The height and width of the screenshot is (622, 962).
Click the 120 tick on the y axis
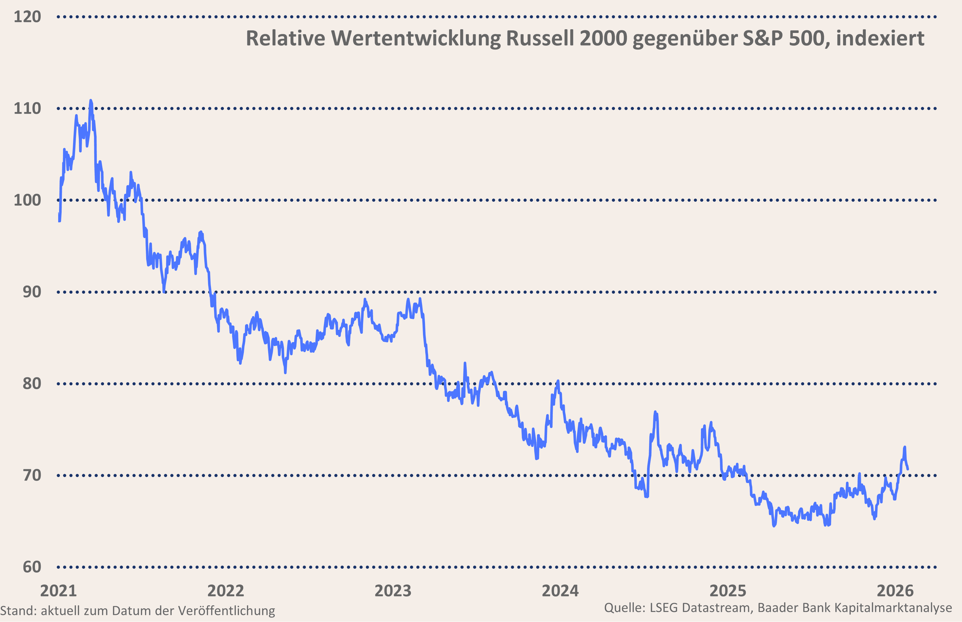tap(28, 17)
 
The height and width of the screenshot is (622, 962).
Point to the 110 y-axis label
tap(28, 109)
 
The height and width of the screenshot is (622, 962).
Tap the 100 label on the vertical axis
tap(28, 200)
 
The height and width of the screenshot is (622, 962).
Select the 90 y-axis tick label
tap(32, 292)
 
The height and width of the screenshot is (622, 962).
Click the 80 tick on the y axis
tap(32, 384)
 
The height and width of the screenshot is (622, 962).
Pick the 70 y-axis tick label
tap(32, 475)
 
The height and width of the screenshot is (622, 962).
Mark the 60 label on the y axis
tap(32, 567)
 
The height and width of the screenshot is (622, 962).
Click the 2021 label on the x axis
tap(58, 591)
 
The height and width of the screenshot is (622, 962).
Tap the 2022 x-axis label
tap(226, 591)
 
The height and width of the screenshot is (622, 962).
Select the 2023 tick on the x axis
tap(393, 591)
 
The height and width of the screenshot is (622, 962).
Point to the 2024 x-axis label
tap(560, 591)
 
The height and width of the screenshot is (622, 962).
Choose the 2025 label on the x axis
tap(728, 591)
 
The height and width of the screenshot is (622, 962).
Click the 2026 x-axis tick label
tap(895, 591)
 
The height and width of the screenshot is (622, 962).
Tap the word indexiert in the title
tap(880, 39)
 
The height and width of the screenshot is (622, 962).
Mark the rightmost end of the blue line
tap(908, 469)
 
